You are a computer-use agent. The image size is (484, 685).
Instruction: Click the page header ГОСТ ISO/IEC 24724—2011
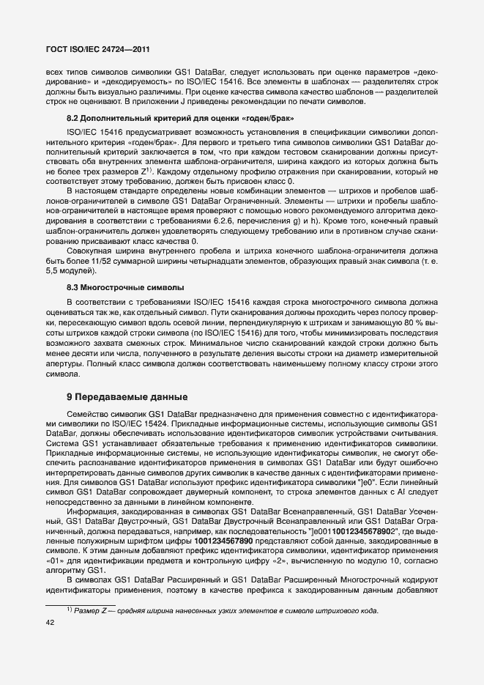(98, 49)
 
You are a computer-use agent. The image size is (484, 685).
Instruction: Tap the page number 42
(51, 623)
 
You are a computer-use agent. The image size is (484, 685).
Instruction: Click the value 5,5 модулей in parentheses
(74, 270)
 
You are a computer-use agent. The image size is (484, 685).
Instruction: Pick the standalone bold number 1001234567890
(228, 539)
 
